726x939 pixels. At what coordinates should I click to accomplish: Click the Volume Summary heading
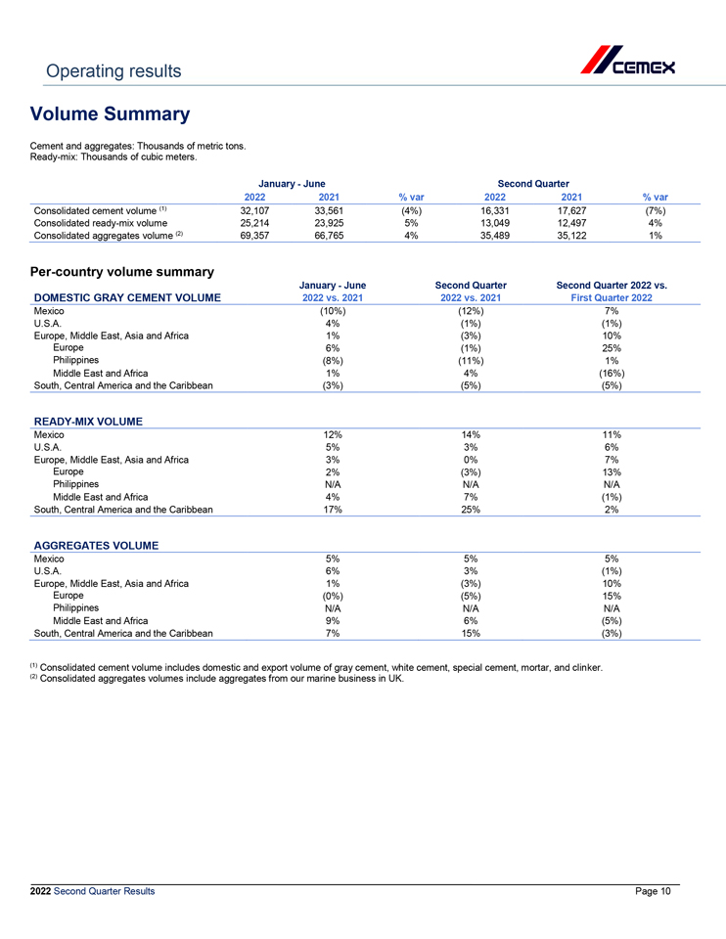[x=110, y=114]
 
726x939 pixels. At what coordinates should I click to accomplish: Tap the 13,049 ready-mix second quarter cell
[x=486, y=222]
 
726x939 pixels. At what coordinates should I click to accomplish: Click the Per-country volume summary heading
[x=122, y=270]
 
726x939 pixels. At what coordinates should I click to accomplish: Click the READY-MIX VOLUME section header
[x=87, y=422]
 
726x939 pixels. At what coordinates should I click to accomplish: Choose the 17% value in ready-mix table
[x=332, y=509]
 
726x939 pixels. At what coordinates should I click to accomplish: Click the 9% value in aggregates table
[x=332, y=620]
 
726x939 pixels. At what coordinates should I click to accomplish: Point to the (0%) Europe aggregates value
[x=332, y=595]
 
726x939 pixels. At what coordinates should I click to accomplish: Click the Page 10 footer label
[x=653, y=890]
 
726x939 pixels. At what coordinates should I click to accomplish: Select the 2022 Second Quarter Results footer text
[x=92, y=890]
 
